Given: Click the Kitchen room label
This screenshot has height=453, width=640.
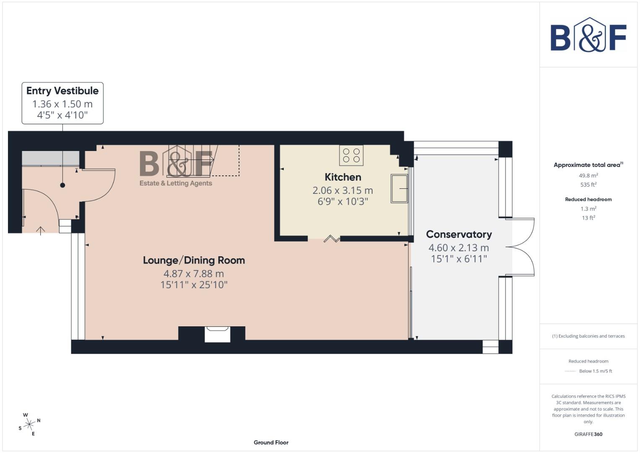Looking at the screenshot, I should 343,177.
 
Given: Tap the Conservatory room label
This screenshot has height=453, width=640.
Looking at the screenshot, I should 459,234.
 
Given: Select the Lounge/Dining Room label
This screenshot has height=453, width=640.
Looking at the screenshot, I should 194,260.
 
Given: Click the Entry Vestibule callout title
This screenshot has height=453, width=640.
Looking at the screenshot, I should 62,91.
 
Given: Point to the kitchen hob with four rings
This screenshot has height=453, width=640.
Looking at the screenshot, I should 351,156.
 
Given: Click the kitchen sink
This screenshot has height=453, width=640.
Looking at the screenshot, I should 399,189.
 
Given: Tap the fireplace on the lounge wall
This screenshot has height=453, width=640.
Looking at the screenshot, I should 218,334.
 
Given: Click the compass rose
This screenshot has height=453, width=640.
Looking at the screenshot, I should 29,424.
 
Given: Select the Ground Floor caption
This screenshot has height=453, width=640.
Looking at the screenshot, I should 271,443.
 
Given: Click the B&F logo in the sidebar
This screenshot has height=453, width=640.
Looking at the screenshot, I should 588,35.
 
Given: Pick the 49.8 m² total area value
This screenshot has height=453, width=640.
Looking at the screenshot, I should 588,176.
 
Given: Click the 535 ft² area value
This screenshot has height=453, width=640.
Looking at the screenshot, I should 588,185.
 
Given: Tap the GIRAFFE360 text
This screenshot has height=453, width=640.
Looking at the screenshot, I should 588,434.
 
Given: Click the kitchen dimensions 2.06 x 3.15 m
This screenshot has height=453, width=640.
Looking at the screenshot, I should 343,190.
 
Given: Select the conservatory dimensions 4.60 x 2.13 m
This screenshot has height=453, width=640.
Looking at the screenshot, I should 459,248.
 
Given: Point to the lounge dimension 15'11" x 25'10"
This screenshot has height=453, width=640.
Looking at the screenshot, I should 194,285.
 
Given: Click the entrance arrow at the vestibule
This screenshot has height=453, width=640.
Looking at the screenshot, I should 40,230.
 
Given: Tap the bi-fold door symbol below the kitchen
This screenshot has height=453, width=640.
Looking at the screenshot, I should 332,239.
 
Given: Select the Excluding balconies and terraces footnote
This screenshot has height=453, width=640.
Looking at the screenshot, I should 588,336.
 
